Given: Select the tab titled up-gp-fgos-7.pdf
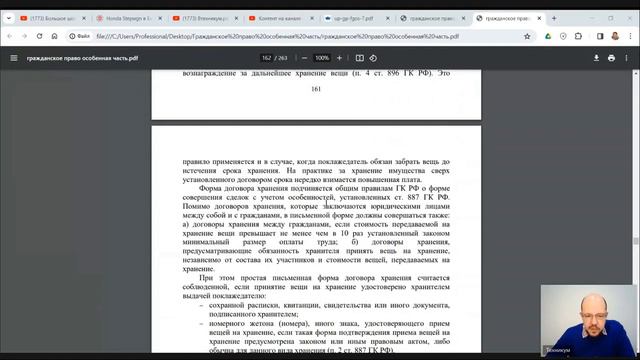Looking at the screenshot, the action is pyautogui.click(x=347, y=18).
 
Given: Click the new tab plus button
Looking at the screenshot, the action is pyautogui.click(x=547, y=18).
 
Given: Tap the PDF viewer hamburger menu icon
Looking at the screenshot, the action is pyautogui.click(x=13, y=58).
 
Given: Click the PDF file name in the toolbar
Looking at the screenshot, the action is pyautogui.click(x=75, y=58).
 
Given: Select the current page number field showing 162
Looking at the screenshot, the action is pyautogui.click(x=267, y=58).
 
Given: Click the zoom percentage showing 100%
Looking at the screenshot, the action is pyautogui.click(x=322, y=58).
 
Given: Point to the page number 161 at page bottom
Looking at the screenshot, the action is pyautogui.click(x=315, y=90).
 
